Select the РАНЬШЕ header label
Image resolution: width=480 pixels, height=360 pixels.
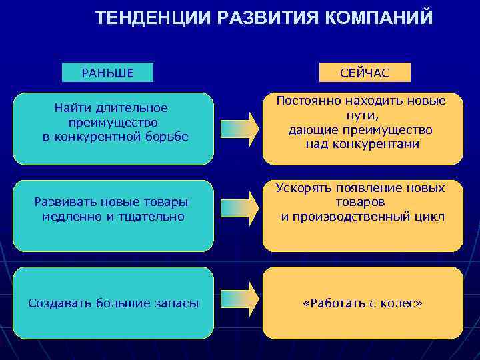pos(107,73)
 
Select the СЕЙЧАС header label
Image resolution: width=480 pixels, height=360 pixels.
pos(365,73)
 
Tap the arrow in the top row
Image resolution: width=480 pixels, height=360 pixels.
pos(239,129)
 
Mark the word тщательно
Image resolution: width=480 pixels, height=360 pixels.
pos(154,216)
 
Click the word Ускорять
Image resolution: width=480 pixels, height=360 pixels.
pos(302,188)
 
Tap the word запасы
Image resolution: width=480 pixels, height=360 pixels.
pos(178,303)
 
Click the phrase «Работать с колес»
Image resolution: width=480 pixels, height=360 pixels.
pos(362,303)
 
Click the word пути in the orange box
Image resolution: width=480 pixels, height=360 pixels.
pos(361,115)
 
